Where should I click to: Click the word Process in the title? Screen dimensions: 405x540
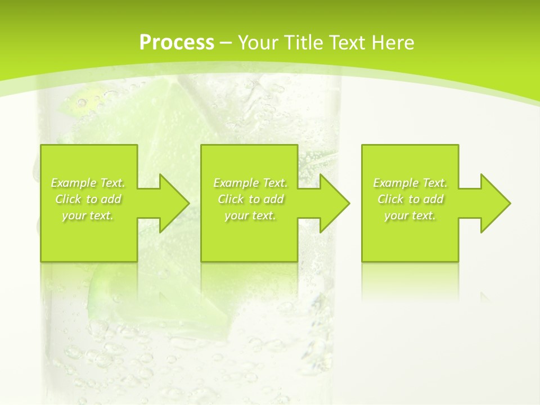pos(177,43)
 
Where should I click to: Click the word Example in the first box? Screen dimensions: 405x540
pos(74,183)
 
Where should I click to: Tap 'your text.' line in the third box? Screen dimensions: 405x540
pos(410,215)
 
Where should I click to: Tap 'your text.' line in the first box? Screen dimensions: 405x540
pos(88,215)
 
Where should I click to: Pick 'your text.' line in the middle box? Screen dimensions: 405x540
pos(250,215)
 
